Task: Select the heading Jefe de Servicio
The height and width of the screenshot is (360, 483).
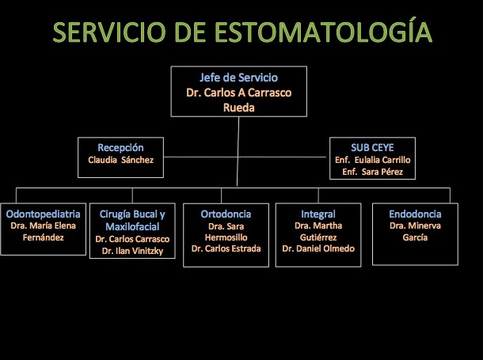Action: tap(238, 78)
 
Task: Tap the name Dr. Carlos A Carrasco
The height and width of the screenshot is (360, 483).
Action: tap(238, 93)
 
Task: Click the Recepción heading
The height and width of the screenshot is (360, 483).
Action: tap(120, 148)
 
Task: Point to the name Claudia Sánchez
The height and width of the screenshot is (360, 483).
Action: tap(120, 160)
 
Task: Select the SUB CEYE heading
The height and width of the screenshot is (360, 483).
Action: tap(372, 148)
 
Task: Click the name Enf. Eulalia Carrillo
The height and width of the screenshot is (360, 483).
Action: tap(373, 160)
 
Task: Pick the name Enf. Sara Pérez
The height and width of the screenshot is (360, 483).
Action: tap(373, 172)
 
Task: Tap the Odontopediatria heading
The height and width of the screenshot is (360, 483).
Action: tap(43, 214)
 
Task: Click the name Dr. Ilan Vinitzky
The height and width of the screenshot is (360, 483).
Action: tap(132, 251)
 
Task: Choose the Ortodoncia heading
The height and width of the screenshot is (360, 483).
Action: tap(226, 214)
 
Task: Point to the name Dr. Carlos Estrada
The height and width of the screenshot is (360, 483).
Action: tap(226, 248)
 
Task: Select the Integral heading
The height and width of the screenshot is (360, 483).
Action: tap(318, 214)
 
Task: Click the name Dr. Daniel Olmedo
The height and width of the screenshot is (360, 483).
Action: tap(318, 248)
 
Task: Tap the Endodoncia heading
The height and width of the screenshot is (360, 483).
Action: tap(415, 214)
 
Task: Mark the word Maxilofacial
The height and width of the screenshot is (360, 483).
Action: tap(132, 227)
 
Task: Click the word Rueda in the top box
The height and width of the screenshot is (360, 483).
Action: tap(238, 108)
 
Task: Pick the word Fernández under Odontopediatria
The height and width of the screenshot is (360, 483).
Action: tap(43, 237)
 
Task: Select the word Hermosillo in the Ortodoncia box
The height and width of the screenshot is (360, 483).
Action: tap(226, 237)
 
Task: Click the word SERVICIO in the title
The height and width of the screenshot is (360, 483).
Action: tap(109, 32)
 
